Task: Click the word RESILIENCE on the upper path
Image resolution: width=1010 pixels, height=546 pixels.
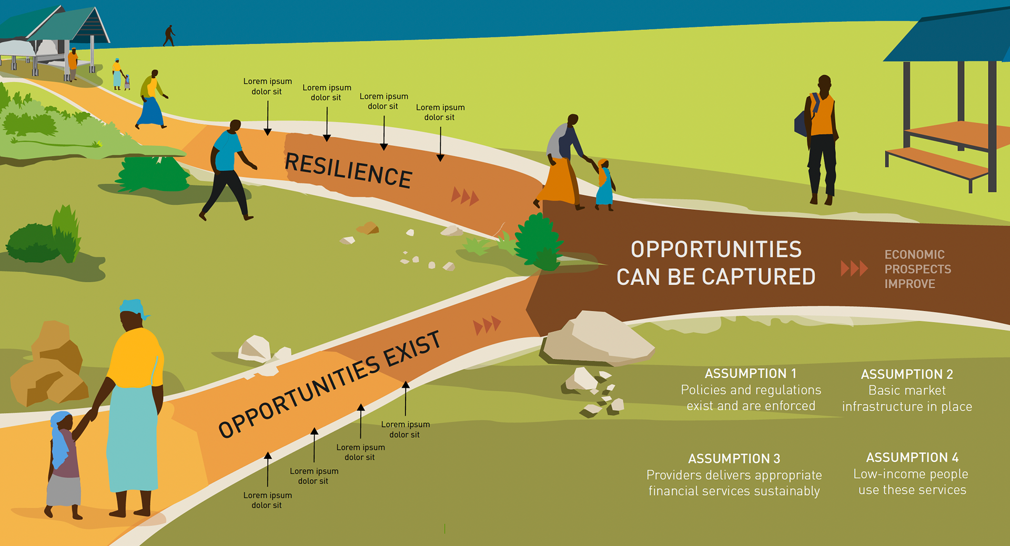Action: [x=348, y=170]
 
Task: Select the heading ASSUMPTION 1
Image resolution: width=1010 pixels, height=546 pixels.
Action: [x=750, y=373]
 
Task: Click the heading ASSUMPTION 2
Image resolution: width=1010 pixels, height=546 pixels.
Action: [x=907, y=375]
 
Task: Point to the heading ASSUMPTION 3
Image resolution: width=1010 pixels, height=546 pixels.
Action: [x=734, y=459]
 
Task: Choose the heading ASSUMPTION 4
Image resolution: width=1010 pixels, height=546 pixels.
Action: [x=912, y=458]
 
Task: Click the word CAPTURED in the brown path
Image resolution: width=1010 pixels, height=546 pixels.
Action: [x=758, y=277]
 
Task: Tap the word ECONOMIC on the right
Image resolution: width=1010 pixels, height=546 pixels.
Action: [x=914, y=255]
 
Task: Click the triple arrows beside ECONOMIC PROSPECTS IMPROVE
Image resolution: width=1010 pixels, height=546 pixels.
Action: [x=853, y=268]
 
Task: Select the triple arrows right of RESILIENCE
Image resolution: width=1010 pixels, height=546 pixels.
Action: [x=465, y=197]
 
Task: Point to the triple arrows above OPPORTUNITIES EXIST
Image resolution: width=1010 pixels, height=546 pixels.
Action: [x=487, y=325]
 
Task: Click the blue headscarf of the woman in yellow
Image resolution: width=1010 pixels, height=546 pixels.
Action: [x=133, y=307]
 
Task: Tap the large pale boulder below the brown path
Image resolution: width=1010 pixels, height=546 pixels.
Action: [x=597, y=338]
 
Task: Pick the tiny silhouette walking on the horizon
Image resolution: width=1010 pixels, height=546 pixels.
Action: [x=169, y=35]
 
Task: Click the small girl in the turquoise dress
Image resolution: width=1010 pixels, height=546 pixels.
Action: [x=604, y=187]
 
